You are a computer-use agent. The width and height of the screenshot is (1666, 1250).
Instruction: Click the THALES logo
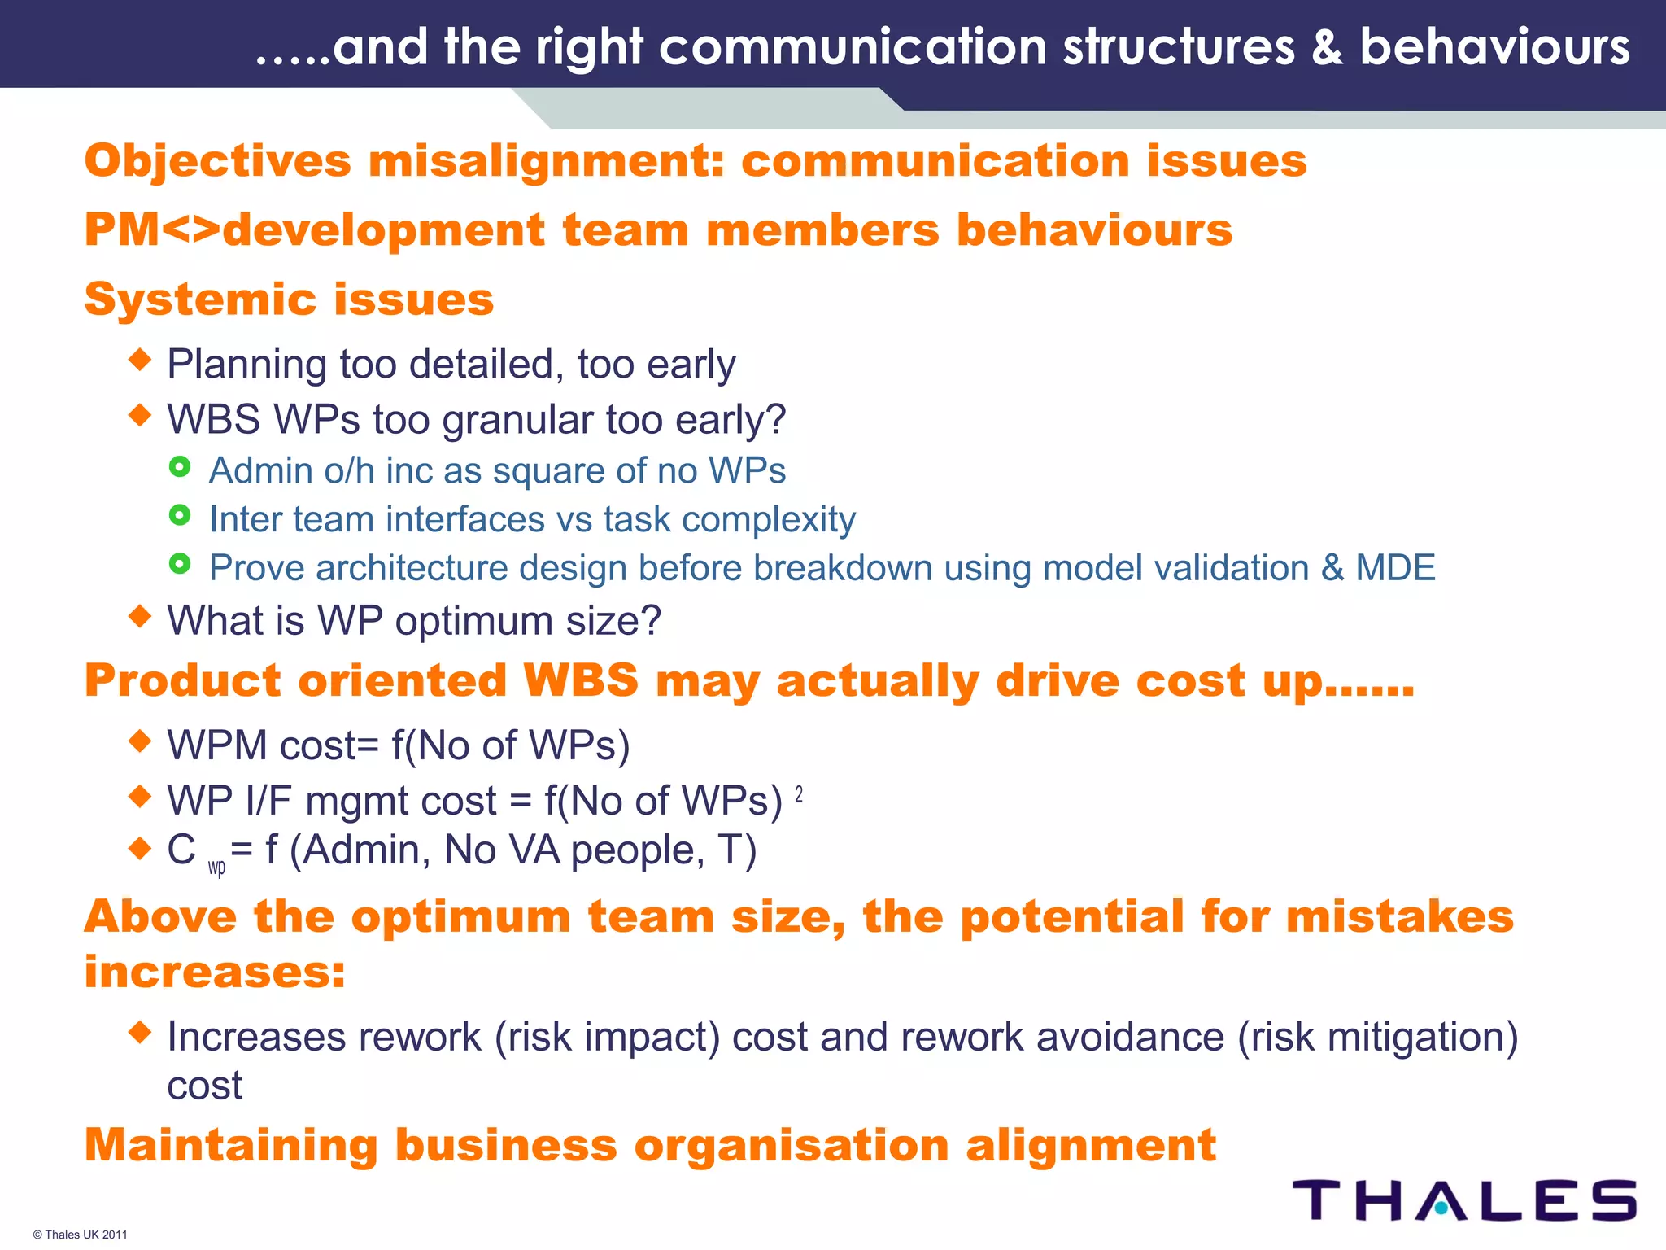(x=1464, y=1200)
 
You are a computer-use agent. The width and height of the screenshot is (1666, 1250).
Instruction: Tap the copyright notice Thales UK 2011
(x=81, y=1235)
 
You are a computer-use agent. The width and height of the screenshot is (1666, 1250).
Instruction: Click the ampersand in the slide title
(x=1326, y=47)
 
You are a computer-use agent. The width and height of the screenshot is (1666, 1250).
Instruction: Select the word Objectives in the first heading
(x=217, y=161)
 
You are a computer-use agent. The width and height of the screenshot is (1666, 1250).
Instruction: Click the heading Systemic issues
(x=289, y=299)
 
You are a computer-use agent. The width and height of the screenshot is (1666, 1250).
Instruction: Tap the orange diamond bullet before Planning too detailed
(x=140, y=359)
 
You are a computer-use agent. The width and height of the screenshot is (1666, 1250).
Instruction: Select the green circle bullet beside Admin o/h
(x=180, y=467)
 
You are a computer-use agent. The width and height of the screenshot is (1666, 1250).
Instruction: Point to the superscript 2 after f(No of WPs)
(x=799, y=794)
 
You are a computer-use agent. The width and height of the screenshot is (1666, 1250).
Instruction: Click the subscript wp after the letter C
(x=216, y=868)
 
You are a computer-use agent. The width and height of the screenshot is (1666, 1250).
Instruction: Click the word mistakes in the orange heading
(x=1399, y=917)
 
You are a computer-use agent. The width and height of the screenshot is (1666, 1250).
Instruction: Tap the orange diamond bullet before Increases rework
(x=140, y=1033)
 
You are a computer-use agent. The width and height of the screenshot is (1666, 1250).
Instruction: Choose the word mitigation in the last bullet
(x=1415, y=1038)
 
